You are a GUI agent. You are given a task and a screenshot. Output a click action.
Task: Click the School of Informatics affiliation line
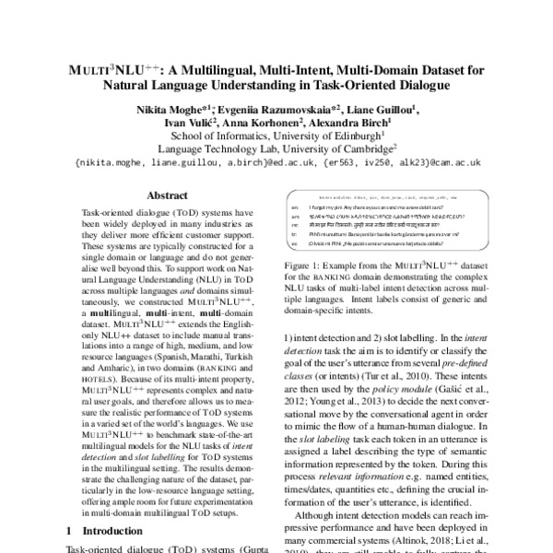point(276,138)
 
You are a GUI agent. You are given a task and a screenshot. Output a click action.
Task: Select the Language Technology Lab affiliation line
point(276,152)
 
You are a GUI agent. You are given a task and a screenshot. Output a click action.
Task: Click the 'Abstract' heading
point(168,195)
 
